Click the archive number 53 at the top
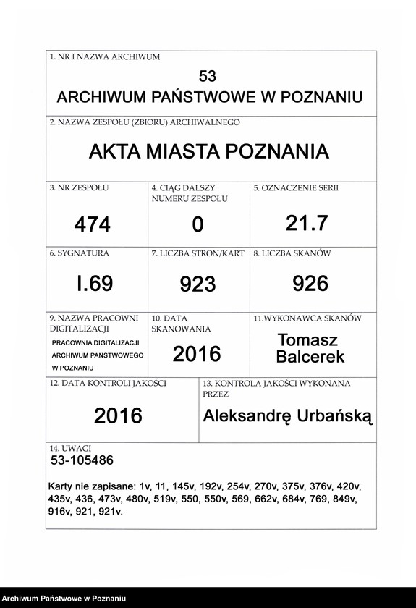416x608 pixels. [208, 76]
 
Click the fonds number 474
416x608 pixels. [93, 225]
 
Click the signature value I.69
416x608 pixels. [95, 284]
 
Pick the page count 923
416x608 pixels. [198, 284]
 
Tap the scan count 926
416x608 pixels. [310, 284]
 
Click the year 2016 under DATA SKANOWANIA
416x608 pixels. [197, 354]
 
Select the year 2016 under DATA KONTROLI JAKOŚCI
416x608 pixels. [118, 416]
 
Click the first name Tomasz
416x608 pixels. [307, 340]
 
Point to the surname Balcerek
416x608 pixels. [310, 357]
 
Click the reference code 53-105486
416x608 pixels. [82, 460]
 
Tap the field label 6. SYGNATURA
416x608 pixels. [80, 254]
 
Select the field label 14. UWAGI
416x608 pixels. [71, 449]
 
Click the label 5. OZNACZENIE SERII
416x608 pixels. [296, 188]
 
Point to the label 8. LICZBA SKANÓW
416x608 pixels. [292, 254]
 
